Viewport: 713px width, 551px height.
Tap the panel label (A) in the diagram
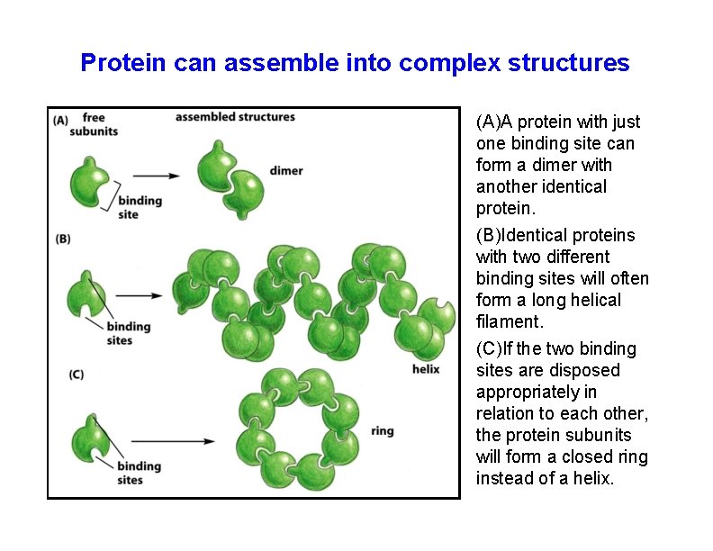click(61, 120)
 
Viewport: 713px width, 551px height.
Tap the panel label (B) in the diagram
click(63, 239)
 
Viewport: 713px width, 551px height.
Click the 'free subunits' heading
click(99, 124)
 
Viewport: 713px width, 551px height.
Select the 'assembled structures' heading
click(235, 117)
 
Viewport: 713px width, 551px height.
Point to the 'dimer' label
click(285, 171)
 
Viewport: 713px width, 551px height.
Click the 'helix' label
click(425, 369)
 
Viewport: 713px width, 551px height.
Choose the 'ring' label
click(382, 431)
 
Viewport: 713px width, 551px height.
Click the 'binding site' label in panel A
click(140, 207)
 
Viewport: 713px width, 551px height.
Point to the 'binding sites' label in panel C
click(138, 473)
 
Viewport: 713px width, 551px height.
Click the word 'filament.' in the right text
click(510, 321)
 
